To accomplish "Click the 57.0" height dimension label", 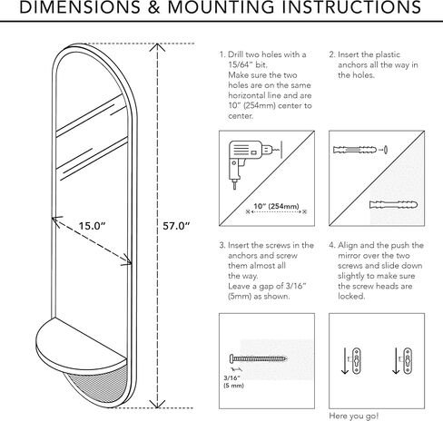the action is coord(176,226).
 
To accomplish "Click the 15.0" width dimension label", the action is coord(92,226).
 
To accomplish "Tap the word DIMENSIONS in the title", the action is coord(80,7).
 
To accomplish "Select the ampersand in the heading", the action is coord(154,7).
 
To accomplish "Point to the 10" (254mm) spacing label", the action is coord(276,206).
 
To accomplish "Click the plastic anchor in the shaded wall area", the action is coord(393,204).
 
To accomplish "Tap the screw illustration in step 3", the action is coord(258,359).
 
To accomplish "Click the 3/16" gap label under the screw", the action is coord(233,382).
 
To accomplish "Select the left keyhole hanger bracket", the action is coord(357,361).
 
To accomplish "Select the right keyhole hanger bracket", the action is coord(408,361).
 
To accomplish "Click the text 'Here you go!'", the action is coord(353,416).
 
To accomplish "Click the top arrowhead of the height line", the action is coord(157,47).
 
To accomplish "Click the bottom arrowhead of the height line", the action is coord(157,404).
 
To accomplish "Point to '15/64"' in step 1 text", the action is coord(241,64).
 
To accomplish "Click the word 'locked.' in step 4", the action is coord(351,296).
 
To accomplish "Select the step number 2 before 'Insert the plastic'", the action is coord(332,54).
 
